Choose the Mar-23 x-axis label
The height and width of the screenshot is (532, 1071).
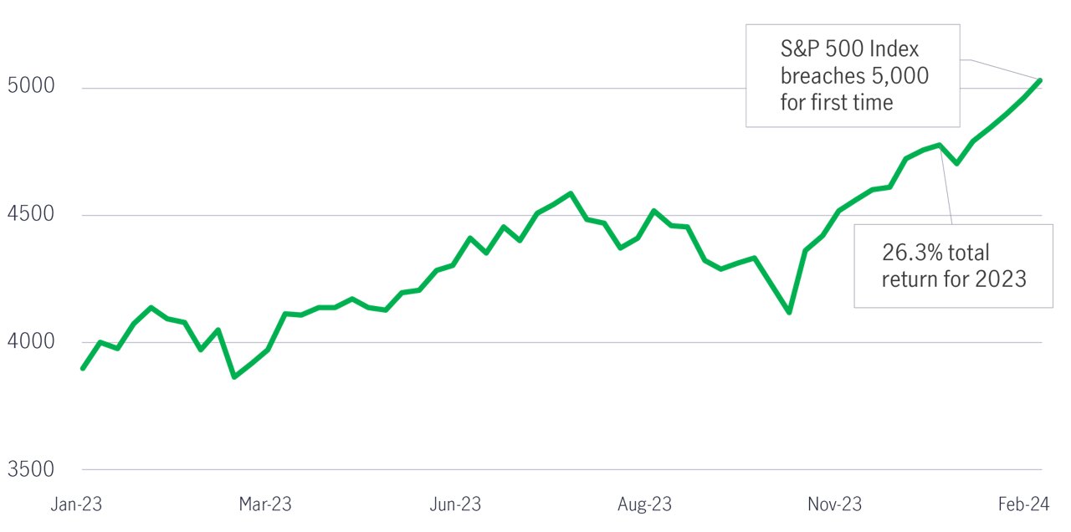(265, 504)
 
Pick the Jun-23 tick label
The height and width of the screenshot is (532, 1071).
(454, 504)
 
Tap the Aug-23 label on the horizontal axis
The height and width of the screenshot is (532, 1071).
(644, 504)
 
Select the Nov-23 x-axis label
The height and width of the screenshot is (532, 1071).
(834, 504)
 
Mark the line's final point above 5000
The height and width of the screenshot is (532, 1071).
(1039, 80)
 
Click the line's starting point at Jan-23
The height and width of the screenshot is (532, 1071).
(82, 368)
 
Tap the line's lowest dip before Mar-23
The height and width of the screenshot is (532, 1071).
(234, 377)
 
